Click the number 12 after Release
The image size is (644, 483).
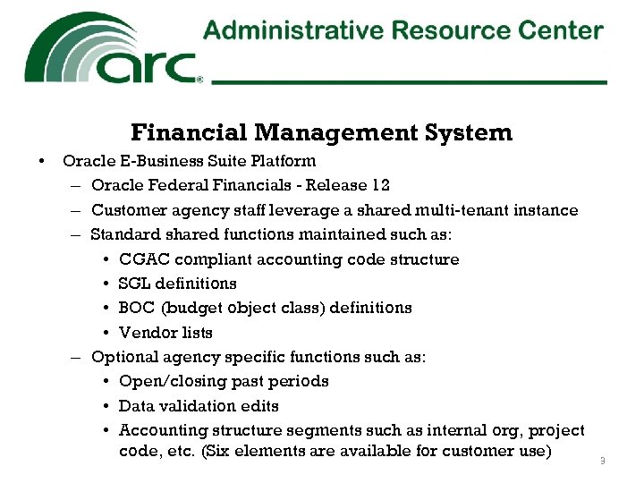tap(380, 185)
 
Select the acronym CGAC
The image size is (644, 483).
tap(144, 259)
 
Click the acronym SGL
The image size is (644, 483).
tap(135, 284)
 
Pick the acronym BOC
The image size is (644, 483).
tap(137, 308)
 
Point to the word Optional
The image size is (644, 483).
tap(124, 357)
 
